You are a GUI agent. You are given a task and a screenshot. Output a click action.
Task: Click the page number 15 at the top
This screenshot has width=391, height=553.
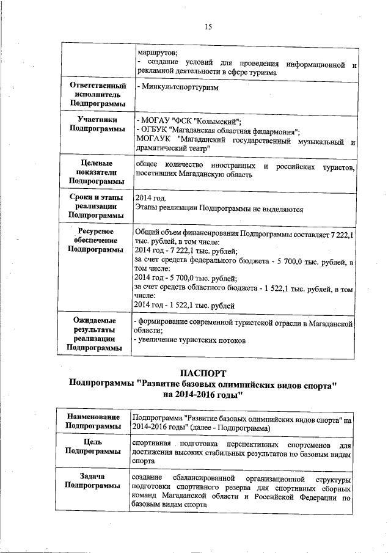point(208,26)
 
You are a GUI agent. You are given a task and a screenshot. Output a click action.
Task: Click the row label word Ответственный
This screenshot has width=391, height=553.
point(90,86)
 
